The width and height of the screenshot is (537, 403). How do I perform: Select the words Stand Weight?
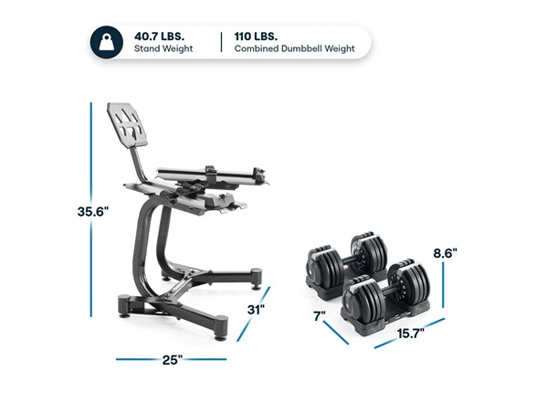pos(163,48)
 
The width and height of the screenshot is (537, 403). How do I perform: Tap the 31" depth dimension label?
pos(256,309)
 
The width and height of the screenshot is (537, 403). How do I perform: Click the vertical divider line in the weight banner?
pos(221,41)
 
